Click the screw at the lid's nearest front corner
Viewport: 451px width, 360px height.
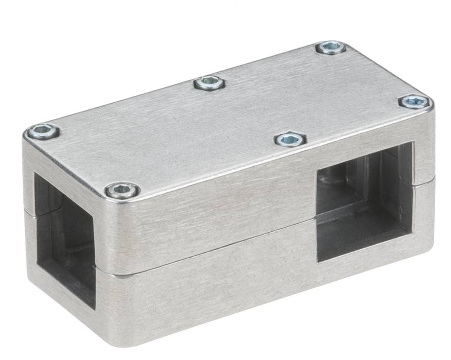tap(122, 191)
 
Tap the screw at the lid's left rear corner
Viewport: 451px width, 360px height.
tap(43, 132)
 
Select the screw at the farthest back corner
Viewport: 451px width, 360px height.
tap(331, 48)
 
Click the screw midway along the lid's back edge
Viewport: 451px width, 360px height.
tap(210, 82)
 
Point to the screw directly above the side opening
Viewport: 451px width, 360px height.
tap(290, 139)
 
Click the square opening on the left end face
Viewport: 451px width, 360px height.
tap(64, 239)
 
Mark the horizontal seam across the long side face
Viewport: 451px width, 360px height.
tap(214, 249)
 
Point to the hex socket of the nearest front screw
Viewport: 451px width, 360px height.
tap(122, 191)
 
